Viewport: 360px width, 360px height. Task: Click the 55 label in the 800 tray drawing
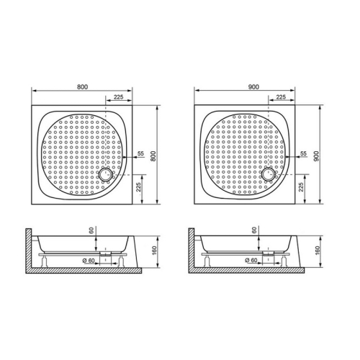tap(140, 154)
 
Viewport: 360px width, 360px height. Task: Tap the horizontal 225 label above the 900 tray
tap(282, 96)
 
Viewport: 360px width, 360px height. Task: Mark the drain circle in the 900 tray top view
tap(269, 173)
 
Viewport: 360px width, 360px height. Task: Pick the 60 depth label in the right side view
tap(255, 230)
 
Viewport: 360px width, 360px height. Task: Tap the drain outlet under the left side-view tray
tap(106, 253)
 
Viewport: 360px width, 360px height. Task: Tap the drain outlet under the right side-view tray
tap(268, 253)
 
